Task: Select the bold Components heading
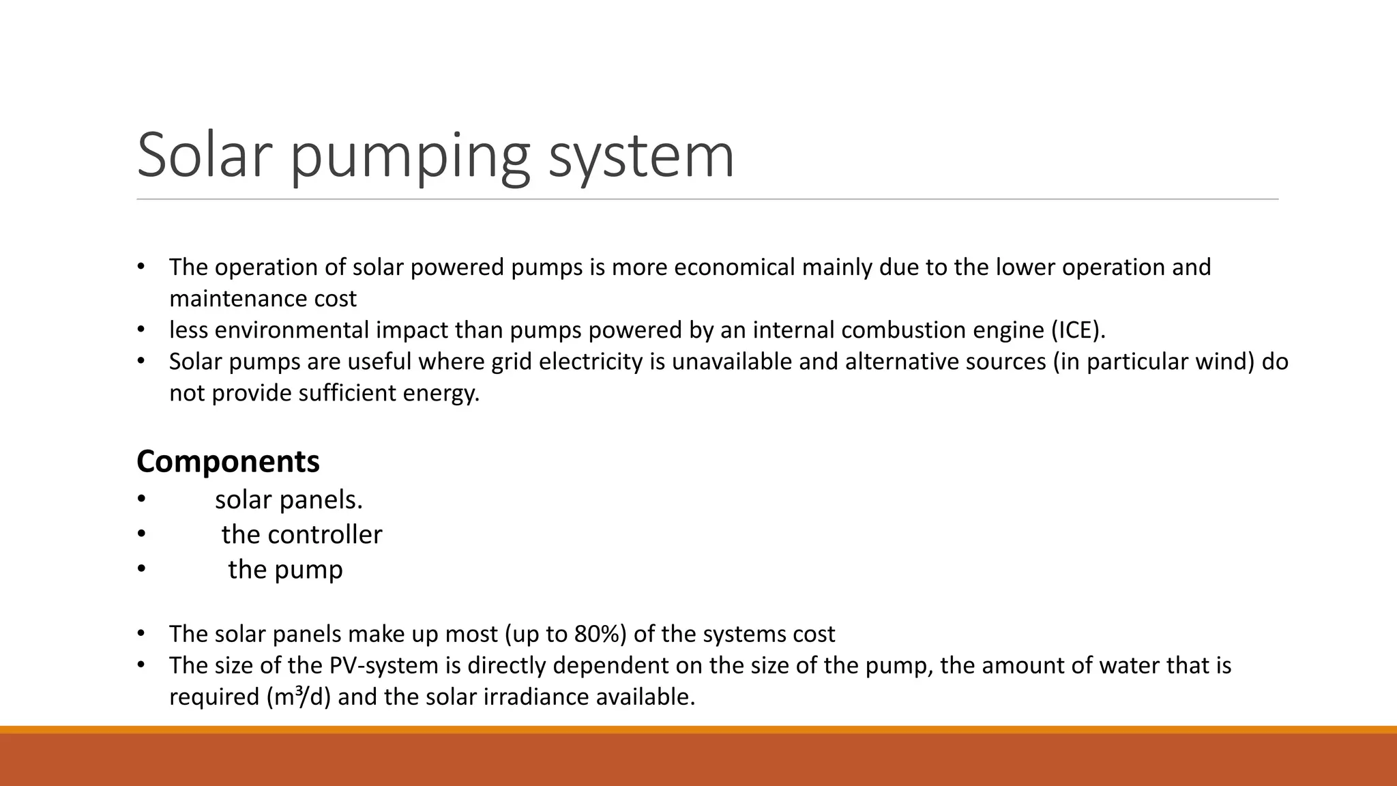(228, 462)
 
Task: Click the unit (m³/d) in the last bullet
(297, 697)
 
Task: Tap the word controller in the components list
(325, 534)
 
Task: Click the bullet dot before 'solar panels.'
(141, 499)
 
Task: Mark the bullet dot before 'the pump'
(141, 568)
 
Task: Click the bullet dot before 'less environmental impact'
(141, 330)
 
